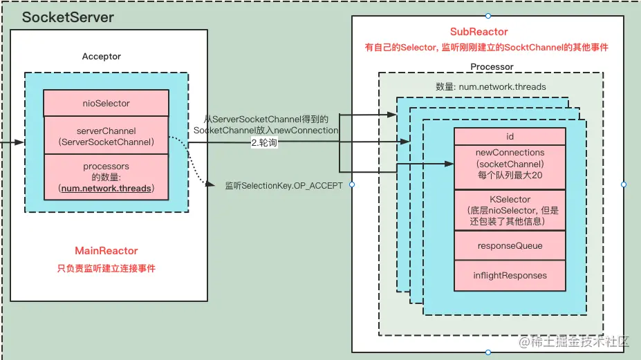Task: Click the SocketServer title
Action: (68, 17)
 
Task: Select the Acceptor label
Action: (101, 56)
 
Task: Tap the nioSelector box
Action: (106, 103)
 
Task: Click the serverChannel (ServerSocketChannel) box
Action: (106, 135)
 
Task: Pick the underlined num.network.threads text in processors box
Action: (106, 188)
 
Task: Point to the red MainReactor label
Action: (106, 251)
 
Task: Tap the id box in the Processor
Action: (510, 136)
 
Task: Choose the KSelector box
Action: (510, 210)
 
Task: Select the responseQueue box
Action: (510, 245)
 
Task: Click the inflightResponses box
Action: (510, 275)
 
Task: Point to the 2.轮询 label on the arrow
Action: (263, 143)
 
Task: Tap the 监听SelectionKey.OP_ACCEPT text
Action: (284, 186)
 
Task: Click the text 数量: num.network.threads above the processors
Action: (490, 87)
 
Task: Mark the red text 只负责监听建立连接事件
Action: (106, 268)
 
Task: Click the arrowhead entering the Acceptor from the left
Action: (21, 143)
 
